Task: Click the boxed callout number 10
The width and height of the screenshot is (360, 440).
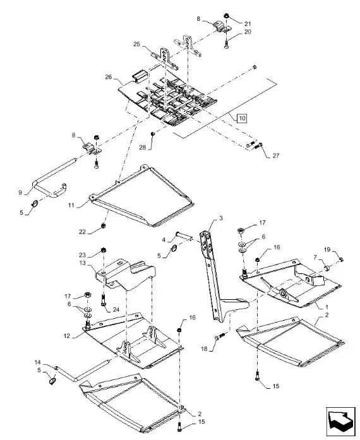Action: pyautogui.click(x=242, y=118)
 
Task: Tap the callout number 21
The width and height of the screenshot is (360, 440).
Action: pyautogui.click(x=247, y=24)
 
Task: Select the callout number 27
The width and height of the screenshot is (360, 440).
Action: pyautogui.click(x=276, y=155)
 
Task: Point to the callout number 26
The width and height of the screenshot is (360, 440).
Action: pyautogui.click(x=109, y=77)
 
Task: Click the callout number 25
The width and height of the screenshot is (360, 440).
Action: pyautogui.click(x=136, y=44)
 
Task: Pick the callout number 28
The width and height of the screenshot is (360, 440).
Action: pyautogui.click(x=143, y=147)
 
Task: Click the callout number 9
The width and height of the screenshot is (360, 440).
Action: pyautogui.click(x=20, y=193)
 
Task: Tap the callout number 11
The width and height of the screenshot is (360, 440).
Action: pyautogui.click(x=71, y=205)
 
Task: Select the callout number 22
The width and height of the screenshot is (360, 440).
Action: pyautogui.click(x=82, y=232)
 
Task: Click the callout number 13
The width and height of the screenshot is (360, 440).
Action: pyautogui.click(x=82, y=263)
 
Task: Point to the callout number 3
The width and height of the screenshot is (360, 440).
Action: pyautogui.click(x=221, y=218)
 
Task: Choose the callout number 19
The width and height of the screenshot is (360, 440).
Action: pyautogui.click(x=327, y=249)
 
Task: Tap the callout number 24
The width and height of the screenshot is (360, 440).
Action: pyautogui.click(x=116, y=309)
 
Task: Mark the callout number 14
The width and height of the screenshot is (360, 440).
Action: pyautogui.click(x=38, y=362)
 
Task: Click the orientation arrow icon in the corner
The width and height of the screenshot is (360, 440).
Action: pyautogui.click(x=340, y=420)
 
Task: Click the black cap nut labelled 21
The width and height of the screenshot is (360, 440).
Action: pyautogui.click(x=226, y=16)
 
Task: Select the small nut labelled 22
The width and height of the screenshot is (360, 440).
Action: pyautogui.click(x=103, y=225)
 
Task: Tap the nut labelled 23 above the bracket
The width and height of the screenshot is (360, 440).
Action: pyautogui.click(x=104, y=250)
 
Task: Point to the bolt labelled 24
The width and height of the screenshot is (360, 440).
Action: pyautogui.click(x=103, y=300)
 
